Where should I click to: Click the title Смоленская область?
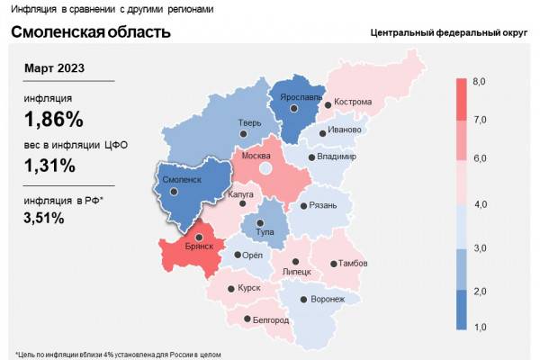pos(90,33)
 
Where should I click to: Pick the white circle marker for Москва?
pos(265,168)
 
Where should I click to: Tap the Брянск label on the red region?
pos(197,246)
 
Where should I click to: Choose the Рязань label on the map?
pos(321,205)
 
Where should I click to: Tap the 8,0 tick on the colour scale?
pos(480,82)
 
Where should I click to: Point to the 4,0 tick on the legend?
pos(480,205)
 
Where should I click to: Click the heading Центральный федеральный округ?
pos(446,33)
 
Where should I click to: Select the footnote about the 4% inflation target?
pos(118,353)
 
